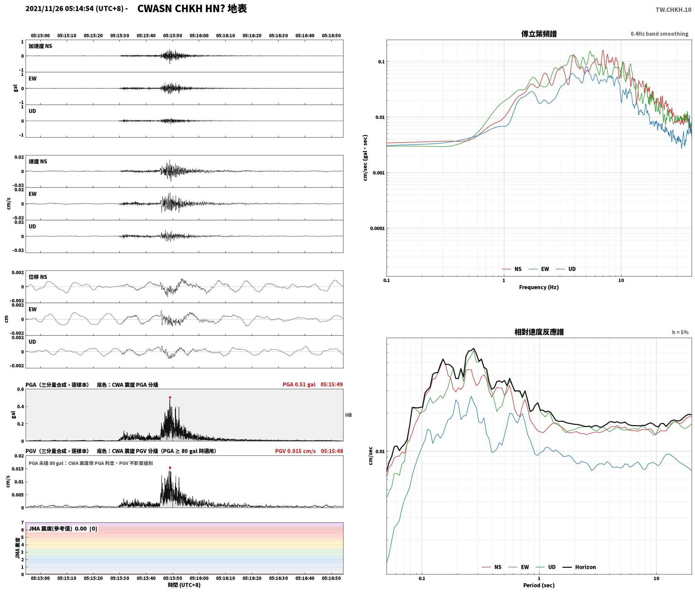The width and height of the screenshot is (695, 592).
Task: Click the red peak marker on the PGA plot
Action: click(x=170, y=397)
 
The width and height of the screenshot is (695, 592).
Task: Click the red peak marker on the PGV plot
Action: click(x=170, y=468)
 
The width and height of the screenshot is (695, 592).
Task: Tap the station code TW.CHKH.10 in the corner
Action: click(x=673, y=10)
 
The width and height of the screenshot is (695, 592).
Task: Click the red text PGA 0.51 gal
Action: click(x=299, y=384)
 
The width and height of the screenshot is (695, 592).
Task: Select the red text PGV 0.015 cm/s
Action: click(x=295, y=451)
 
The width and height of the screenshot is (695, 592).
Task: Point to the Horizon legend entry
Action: click(x=579, y=567)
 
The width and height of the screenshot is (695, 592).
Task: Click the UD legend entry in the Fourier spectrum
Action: click(x=566, y=269)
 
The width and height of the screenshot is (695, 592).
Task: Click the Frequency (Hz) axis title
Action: click(x=539, y=287)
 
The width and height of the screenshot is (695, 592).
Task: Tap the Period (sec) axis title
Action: click(x=539, y=586)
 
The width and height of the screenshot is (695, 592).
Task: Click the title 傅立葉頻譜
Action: click(x=539, y=34)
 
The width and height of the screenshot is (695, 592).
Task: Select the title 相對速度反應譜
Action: click(x=539, y=332)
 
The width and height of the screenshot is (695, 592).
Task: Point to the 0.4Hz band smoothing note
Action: click(x=659, y=34)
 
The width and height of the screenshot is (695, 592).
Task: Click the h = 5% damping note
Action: click(x=680, y=332)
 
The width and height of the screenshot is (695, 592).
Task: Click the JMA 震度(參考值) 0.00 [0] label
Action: click(x=63, y=529)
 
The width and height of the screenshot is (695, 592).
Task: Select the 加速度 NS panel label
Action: click(x=40, y=46)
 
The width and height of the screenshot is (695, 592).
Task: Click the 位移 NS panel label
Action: click(x=38, y=277)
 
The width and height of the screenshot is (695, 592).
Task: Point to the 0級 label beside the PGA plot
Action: click(x=348, y=415)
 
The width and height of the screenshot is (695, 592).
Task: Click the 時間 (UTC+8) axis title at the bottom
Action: click(x=184, y=585)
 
